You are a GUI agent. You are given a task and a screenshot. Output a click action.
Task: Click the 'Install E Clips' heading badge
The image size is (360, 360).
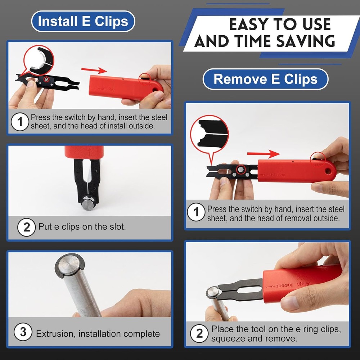coord(83,21)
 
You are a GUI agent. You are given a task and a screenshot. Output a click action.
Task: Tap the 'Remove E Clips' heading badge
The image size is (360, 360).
coord(266,79)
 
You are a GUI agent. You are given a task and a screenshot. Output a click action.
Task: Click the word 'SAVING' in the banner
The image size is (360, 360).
coord(306,41)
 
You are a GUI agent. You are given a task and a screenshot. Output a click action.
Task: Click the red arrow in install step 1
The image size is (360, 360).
coord(94,70)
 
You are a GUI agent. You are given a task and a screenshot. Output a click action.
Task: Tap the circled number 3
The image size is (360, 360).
coord(23,332)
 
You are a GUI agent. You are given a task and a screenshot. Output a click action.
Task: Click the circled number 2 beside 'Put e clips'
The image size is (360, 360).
coord(26,227)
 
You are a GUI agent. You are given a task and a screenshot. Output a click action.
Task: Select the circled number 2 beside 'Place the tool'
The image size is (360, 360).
coord(199,334)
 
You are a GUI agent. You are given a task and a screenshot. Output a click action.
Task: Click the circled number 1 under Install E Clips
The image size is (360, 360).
coord(20,122)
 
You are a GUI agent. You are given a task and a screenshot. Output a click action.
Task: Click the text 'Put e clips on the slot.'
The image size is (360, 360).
coord(82,227)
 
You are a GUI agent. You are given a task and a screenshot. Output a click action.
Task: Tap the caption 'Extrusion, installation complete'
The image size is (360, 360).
coord(98,334)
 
